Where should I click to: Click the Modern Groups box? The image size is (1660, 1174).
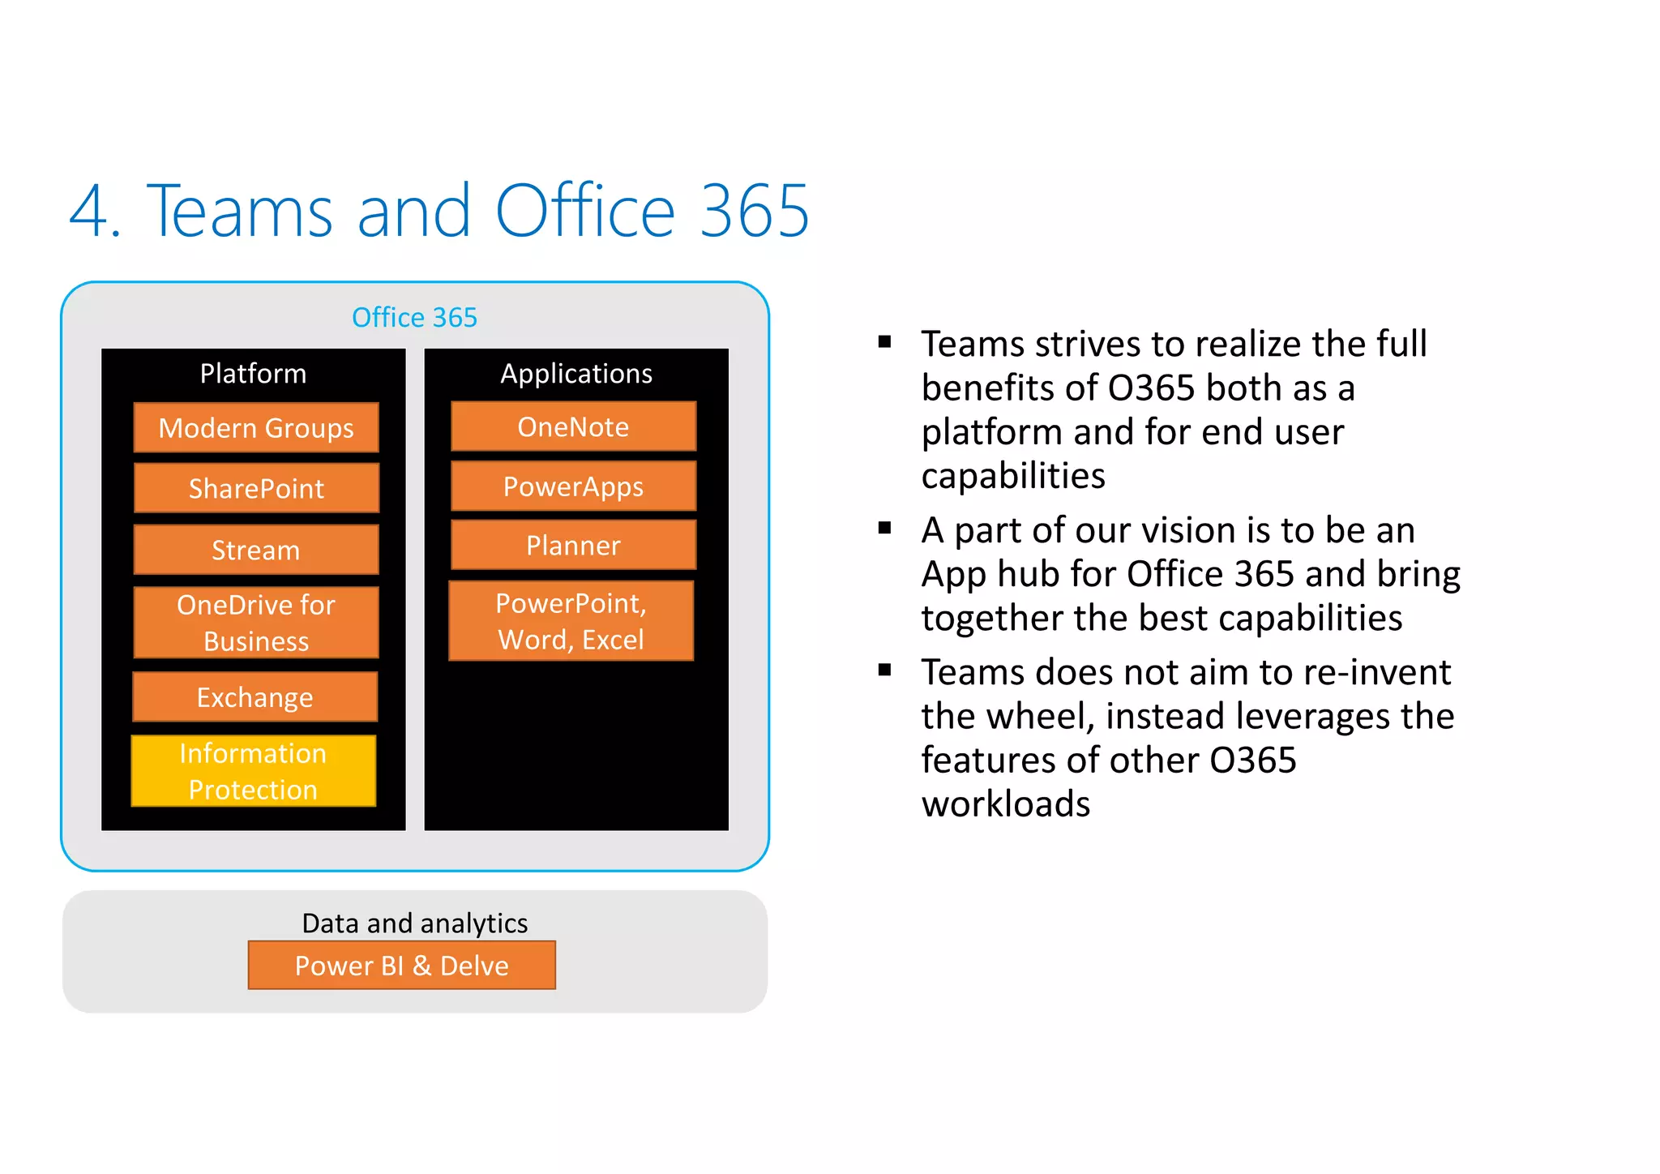[x=256, y=427]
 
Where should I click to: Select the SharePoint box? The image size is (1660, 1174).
[x=256, y=488]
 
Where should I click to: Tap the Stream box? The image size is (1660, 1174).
[x=256, y=550]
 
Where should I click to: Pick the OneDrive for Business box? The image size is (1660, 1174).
[x=256, y=622]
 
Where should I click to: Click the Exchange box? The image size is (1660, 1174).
[x=255, y=696]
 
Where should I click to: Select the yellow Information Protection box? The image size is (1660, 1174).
[x=254, y=771]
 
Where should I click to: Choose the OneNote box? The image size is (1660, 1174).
[x=573, y=426]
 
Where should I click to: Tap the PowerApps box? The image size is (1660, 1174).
[x=573, y=486]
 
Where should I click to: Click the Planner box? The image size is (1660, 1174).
[x=573, y=545]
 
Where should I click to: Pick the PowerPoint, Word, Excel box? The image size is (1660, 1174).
[x=571, y=621]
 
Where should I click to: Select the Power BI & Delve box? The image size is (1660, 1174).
[x=402, y=965]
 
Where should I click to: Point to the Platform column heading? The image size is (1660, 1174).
[x=253, y=374]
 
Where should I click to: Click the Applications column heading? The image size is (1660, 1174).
[x=576, y=374]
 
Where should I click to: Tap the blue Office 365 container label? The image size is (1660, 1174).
[x=414, y=317]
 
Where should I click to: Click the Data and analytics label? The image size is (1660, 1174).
[x=414, y=923]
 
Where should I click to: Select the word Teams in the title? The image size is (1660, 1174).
[x=240, y=212]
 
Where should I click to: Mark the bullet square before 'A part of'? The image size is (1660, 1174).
[x=884, y=529]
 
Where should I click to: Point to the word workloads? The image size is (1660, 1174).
[x=1006, y=803]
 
